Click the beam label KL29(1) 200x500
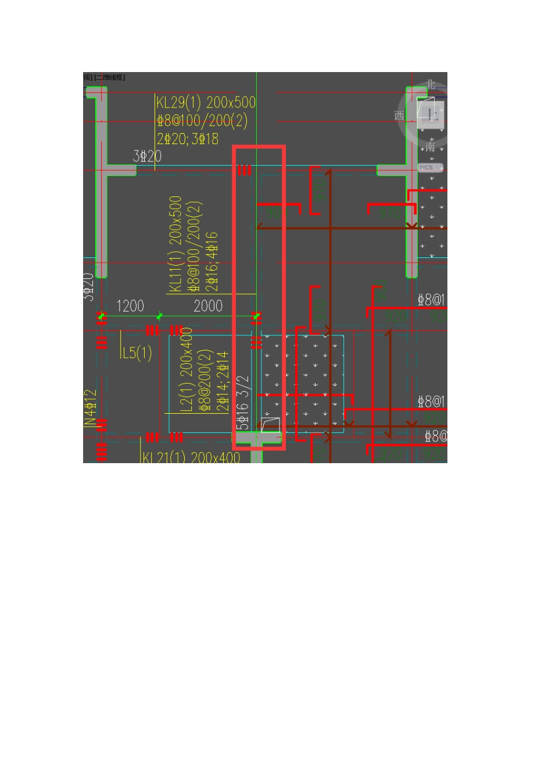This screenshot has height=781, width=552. (x=206, y=103)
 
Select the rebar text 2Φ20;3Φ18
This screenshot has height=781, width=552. (x=188, y=139)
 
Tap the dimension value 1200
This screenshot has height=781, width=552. (x=130, y=306)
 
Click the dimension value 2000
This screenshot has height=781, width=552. (x=208, y=306)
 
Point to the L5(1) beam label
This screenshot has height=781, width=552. (x=137, y=353)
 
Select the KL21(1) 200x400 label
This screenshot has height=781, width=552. (x=191, y=457)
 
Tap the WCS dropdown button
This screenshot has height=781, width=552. (x=430, y=167)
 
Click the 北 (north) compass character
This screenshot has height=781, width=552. (x=431, y=85)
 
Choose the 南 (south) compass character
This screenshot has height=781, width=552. (x=430, y=146)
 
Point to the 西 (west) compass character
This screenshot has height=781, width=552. (x=399, y=116)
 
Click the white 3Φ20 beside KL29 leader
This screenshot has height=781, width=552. (x=147, y=156)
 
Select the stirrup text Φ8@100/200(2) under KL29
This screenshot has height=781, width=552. (x=202, y=121)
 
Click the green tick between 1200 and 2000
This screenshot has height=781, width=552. (x=159, y=316)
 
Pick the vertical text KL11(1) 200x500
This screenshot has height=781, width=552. (x=175, y=243)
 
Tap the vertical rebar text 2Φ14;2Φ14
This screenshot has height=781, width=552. (x=223, y=381)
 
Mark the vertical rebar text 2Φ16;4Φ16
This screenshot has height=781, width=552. (x=212, y=261)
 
